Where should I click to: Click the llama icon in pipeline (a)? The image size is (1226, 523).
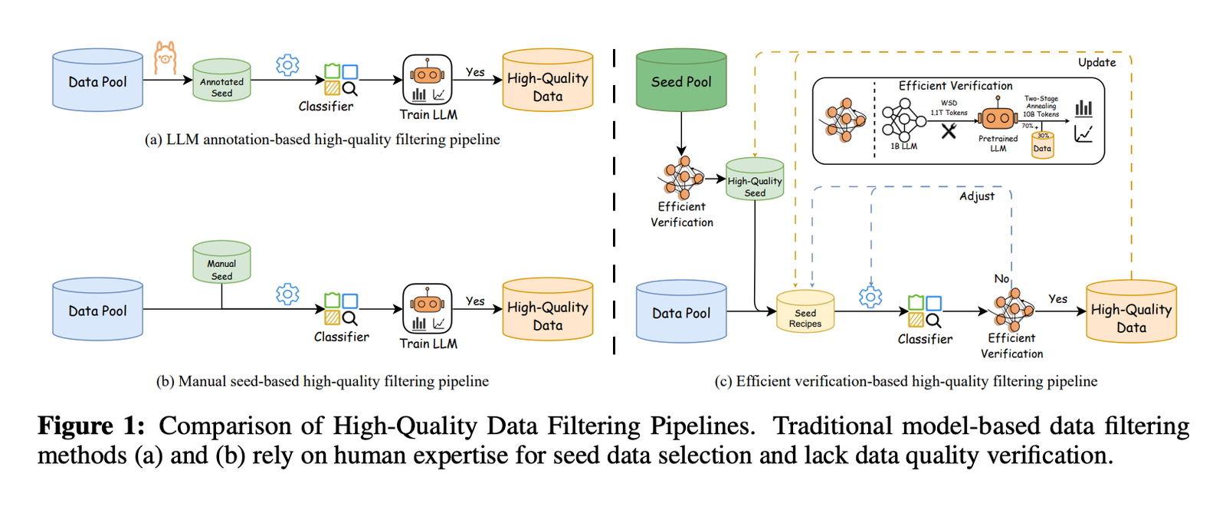[x=165, y=58]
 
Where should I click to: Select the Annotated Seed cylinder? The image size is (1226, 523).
[x=221, y=80]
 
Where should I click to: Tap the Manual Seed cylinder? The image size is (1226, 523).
[x=221, y=261]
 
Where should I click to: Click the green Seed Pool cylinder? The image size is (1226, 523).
[x=681, y=80]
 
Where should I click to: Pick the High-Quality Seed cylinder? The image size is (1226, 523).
[x=755, y=179]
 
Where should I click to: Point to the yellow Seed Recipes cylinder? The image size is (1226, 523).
[x=805, y=311]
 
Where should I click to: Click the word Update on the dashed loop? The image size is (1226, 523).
[x=1097, y=62]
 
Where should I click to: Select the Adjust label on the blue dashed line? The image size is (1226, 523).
[x=977, y=196]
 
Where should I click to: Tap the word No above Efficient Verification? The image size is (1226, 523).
[x=1001, y=278]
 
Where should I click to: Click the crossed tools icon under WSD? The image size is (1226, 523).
[x=949, y=131]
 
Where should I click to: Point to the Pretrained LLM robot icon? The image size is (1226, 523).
[x=998, y=117]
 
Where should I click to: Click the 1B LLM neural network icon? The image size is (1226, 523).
[x=903, y=120]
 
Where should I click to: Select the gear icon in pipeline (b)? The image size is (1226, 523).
[x=288, y=294]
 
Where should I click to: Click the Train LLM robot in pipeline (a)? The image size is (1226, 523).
[x=428, y=80]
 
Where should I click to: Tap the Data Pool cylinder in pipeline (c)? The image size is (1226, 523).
[x=681, y=311]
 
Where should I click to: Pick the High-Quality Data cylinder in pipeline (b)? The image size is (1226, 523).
[x=548, y=309]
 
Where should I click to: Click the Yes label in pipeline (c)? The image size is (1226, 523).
[x=1058, y=299]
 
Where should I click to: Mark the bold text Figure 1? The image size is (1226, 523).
[x=91, y=426]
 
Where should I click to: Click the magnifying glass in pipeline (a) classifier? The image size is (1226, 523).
[x=349, y=89]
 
